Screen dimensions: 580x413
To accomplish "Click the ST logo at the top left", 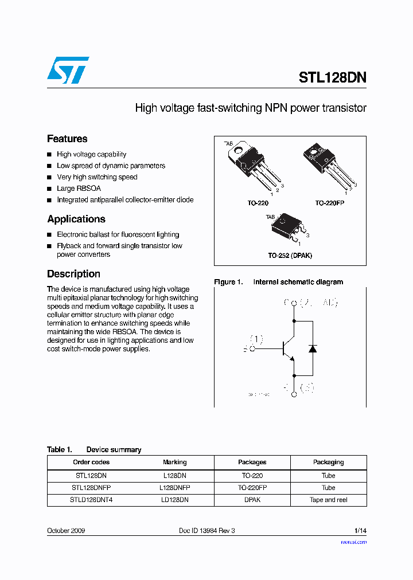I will click(68, 70).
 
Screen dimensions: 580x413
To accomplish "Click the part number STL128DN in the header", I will click(332, 78).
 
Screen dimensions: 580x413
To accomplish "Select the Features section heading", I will click(67, 139).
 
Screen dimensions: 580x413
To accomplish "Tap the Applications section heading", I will click(76, 219).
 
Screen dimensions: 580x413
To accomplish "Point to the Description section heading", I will click(73, 274).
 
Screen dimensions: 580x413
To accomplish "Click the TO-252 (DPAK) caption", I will click(290, 256).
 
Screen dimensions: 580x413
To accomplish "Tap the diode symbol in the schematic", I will click(313, 348).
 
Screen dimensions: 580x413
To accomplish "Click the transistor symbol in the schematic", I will click(289, 348).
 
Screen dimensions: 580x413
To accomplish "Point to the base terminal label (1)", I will click(256, 339).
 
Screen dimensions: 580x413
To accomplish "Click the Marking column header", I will click(174, 462).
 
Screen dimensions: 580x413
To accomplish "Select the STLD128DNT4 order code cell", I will click(91, 500).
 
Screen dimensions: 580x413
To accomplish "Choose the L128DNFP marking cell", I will click(174, 488).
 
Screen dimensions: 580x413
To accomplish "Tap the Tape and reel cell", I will click(328, 500).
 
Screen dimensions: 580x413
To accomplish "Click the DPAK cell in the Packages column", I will click(252, 500).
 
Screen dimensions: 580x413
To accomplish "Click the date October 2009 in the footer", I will click(66, 531).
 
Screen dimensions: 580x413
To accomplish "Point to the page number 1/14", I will click(360, 531).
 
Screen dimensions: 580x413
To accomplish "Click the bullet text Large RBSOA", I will click(79, 189).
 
